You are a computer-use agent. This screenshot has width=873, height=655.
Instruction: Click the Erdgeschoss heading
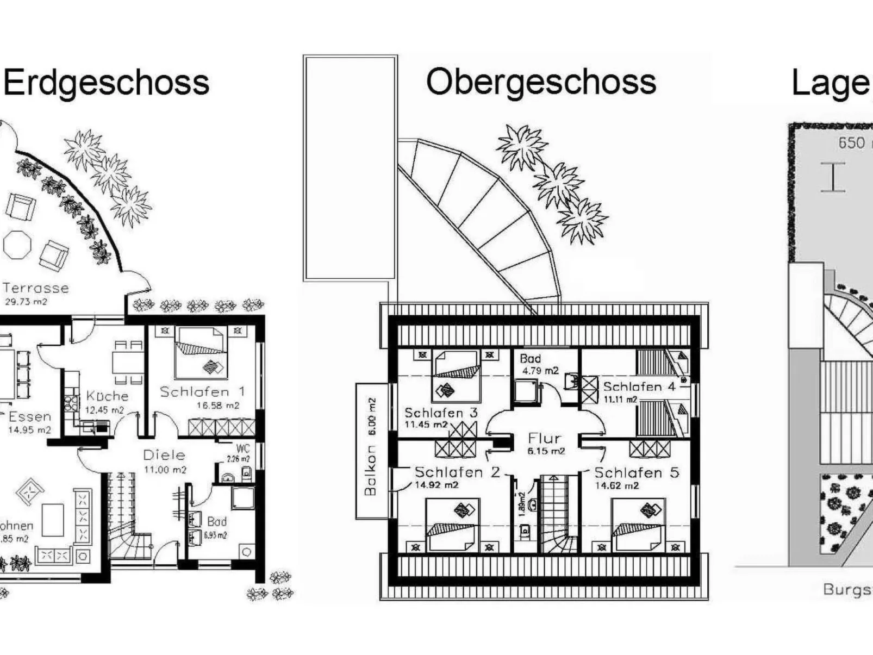(x=107, y=83)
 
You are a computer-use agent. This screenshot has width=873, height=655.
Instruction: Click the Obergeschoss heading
(x=541, y=83)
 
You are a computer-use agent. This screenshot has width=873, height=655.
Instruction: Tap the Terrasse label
(x=36, y=288)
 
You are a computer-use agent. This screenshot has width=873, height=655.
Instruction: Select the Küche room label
(x=107, y=396)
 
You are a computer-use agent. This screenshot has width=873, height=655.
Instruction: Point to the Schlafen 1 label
(x=202, y=391)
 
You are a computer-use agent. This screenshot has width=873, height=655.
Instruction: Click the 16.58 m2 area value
(x=217, y=406)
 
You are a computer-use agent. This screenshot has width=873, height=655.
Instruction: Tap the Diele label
(x=164, y=455)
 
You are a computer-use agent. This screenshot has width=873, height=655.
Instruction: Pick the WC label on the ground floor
(x=242, y=449)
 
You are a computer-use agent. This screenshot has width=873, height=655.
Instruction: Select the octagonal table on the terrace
(x=18, y=245)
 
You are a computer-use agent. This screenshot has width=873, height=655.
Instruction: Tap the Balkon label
(x=370, y=470)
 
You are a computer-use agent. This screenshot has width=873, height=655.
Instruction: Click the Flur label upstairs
(x=544, y=438)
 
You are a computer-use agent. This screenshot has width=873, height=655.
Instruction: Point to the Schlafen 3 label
(x=441, y=413)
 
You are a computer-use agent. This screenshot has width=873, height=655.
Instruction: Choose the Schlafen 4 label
(x=639, y=387)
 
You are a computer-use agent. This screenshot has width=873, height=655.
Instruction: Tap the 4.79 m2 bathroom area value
(x=540, y=371)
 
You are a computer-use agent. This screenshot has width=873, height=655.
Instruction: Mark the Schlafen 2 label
(x=457, y=472)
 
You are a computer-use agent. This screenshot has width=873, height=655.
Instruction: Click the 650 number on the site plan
(x=851, y=143)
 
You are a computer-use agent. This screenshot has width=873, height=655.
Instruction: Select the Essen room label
(x=30, y=417)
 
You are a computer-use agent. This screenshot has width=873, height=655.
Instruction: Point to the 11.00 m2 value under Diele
(x=165, y=470)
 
